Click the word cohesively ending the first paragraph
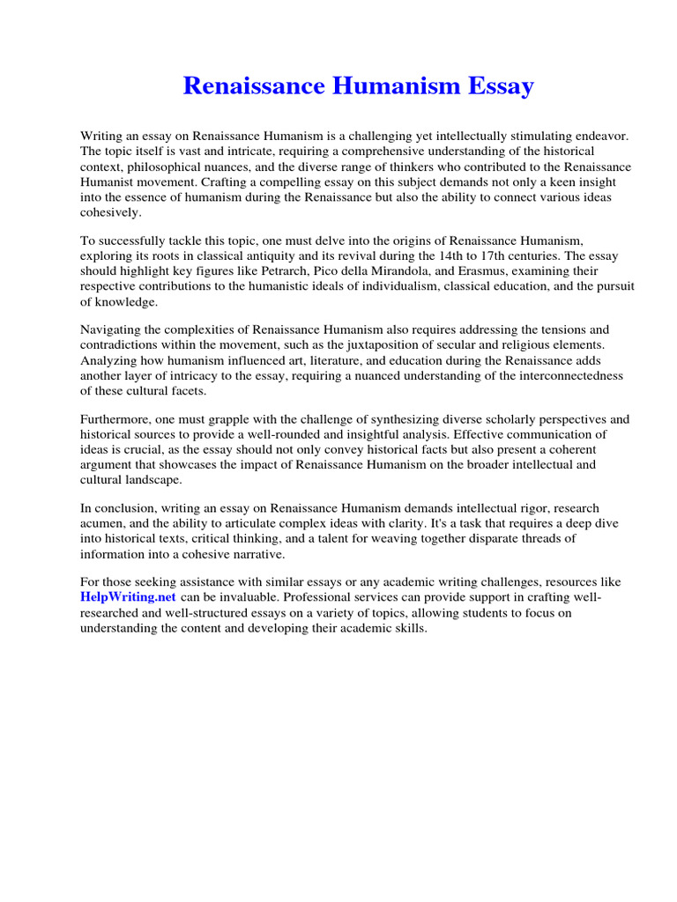click(x=110, y=211)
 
